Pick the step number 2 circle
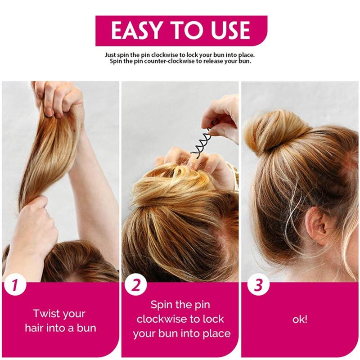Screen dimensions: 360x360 click(135, 285)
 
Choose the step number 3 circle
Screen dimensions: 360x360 click(258, 285)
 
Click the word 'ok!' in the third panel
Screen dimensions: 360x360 click(300, 319)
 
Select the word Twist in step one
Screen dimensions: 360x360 click(47, 313)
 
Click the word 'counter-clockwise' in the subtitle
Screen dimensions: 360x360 click(164, 62)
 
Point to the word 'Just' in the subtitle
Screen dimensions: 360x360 click(110, 55)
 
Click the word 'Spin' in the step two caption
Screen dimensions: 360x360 click(161, 305)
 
